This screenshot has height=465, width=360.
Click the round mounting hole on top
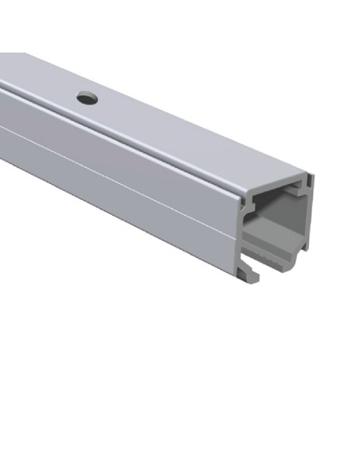point(87,98)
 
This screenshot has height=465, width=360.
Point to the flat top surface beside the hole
point(159,119)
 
